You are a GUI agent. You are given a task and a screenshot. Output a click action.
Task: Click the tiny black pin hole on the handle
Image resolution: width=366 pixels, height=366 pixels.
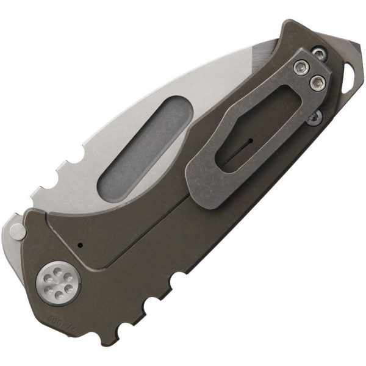80,245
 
